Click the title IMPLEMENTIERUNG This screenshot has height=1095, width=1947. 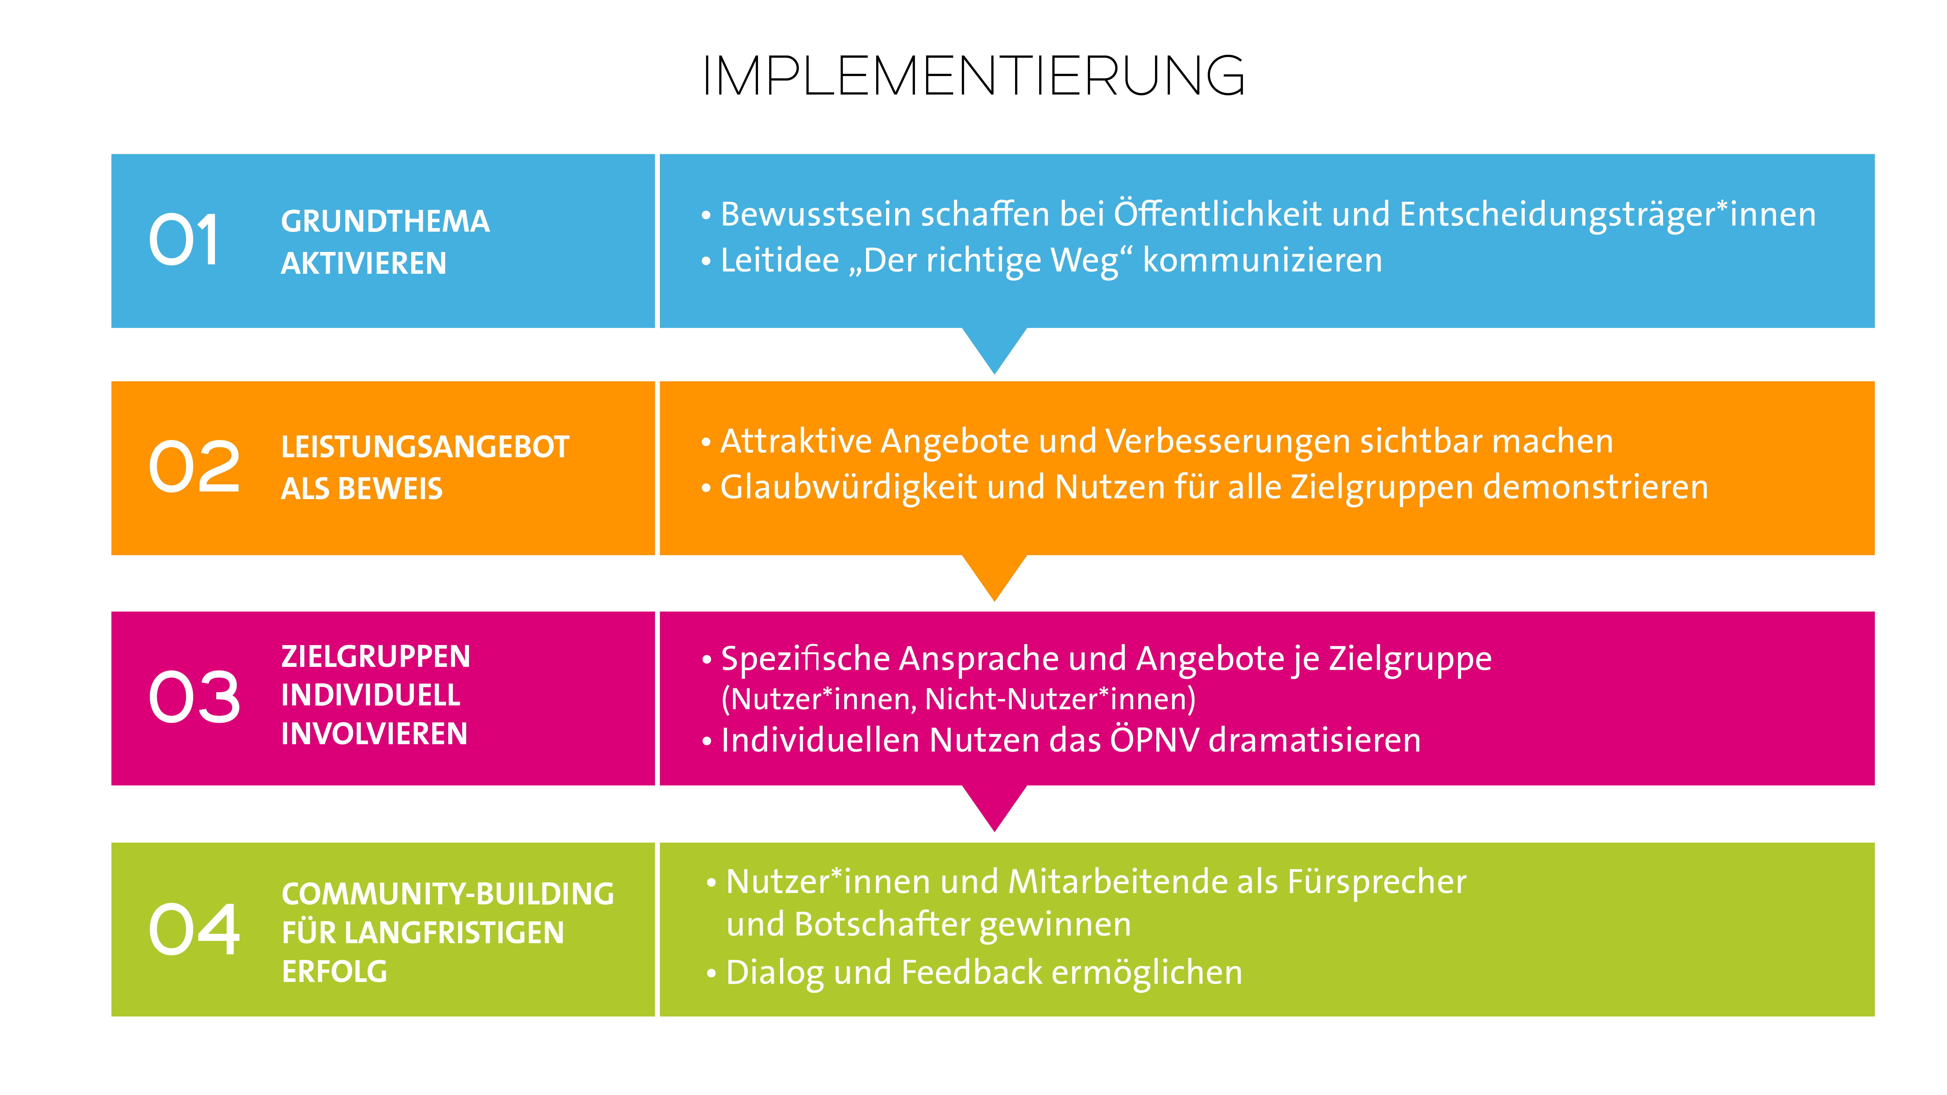tap(974, 76)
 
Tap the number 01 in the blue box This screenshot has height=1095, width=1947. tap(184, 240)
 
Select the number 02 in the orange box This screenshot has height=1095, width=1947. tap(194, 466)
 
